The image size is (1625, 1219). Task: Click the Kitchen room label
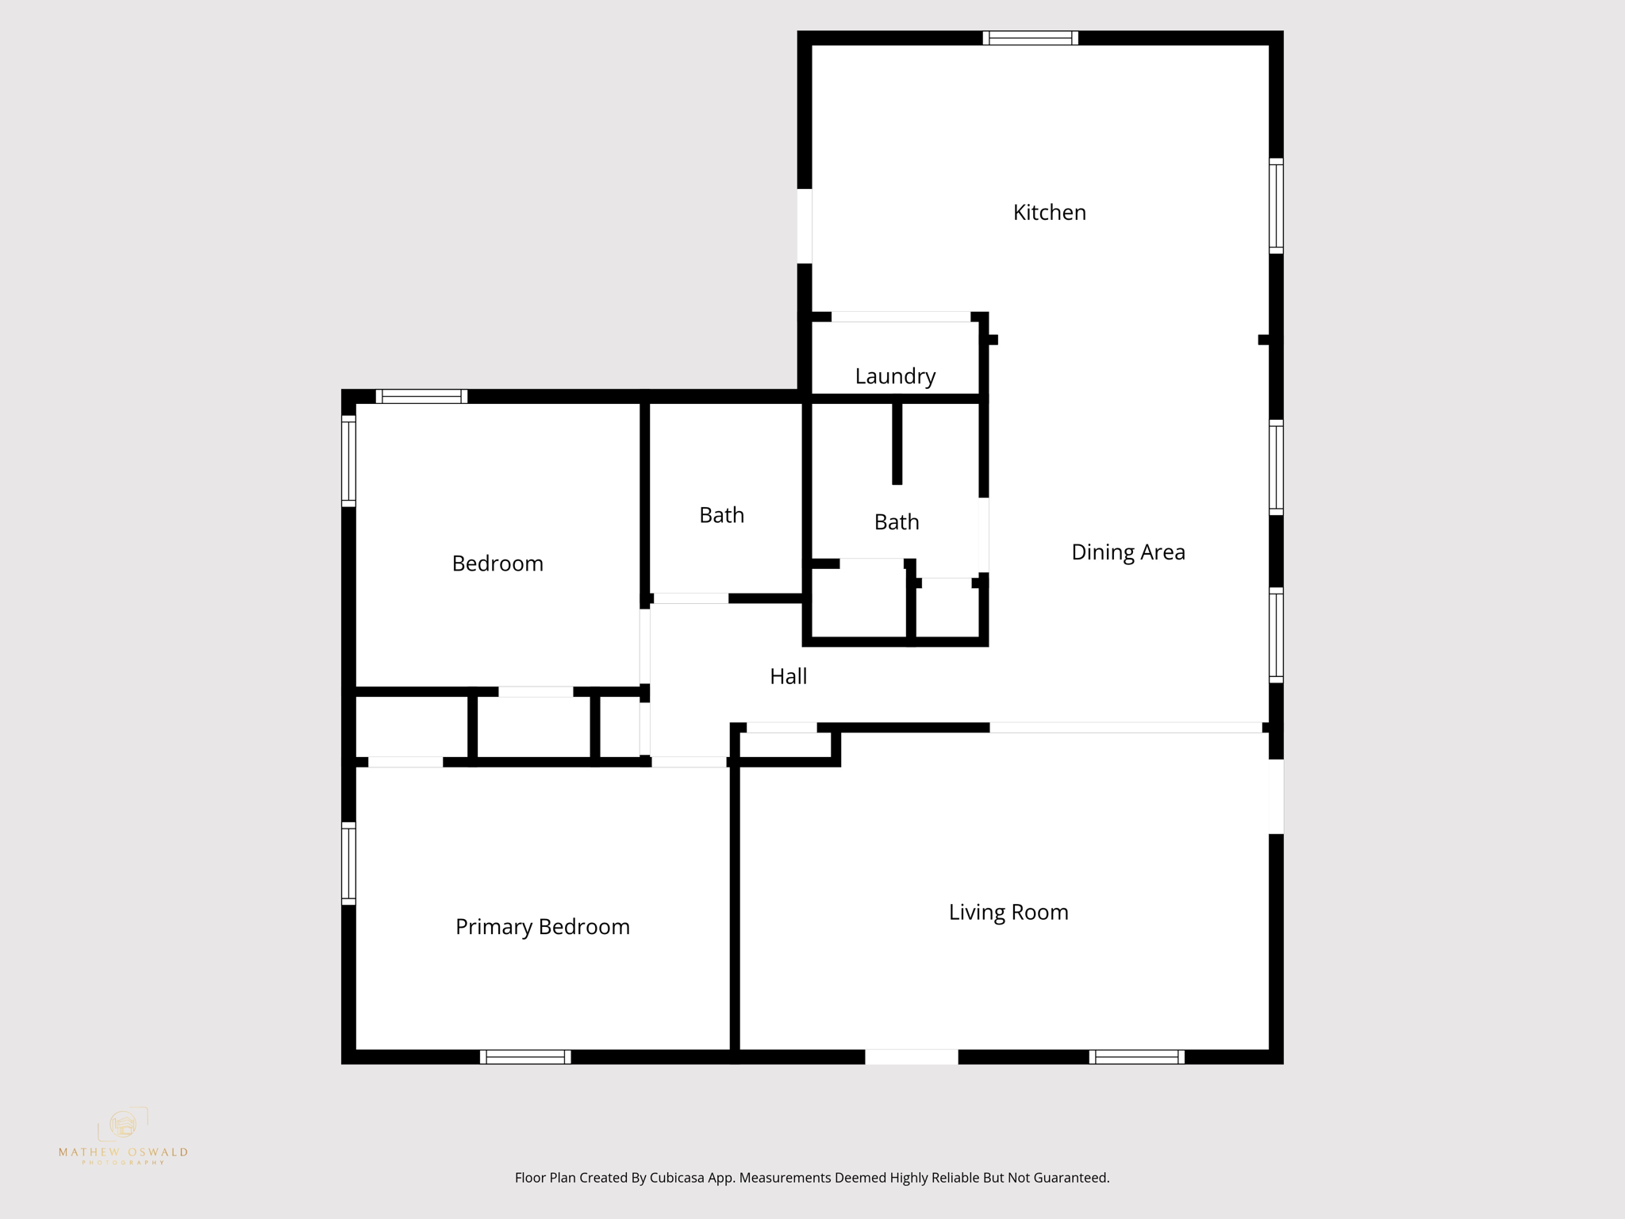pyautogui.click(x=1049, y=213)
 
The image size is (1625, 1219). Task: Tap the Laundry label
pyautogui.click(x=895, y=376)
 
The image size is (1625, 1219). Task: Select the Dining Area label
pyautogui.click(x=1128, y=552)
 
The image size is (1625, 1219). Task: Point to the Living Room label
pyautogui.click(x=1008, y=913)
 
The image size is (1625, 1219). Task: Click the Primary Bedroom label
pyautogui.click(x=542, y=927)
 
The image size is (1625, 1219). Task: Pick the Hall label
pyautogui.click(x=788, y=676)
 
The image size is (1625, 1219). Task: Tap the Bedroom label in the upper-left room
pyautogui.click(x=497, y=563)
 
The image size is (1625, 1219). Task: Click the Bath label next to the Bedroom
pyautogui.click(x=721, y=516)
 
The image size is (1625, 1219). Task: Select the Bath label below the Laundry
pyautogui.click(x=897, y=522)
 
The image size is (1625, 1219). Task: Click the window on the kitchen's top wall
pyautogui.click(x=1030, y=38)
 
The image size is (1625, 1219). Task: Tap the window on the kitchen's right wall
pyautogui.click(x=1276, y=206)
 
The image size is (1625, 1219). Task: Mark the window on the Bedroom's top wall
pyautogui.click(x=421, y=396)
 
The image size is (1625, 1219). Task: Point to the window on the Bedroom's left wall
pyautogui.click(x=348, y=460)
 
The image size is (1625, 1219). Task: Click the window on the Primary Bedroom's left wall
pyautogui.click(x=348, y=863)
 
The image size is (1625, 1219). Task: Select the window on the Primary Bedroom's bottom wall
pyautogui.click(x=525, y=1057)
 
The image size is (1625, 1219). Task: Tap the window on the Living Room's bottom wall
pyautogui.click(x=1136, y=1057)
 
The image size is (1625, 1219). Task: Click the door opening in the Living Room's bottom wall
pyautogui.click(x=911, y=1057)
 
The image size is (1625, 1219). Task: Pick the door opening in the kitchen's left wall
pyautogui.click(x=805, y=225)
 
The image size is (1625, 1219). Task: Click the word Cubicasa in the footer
pyautogui.click(x=680, y=1179)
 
